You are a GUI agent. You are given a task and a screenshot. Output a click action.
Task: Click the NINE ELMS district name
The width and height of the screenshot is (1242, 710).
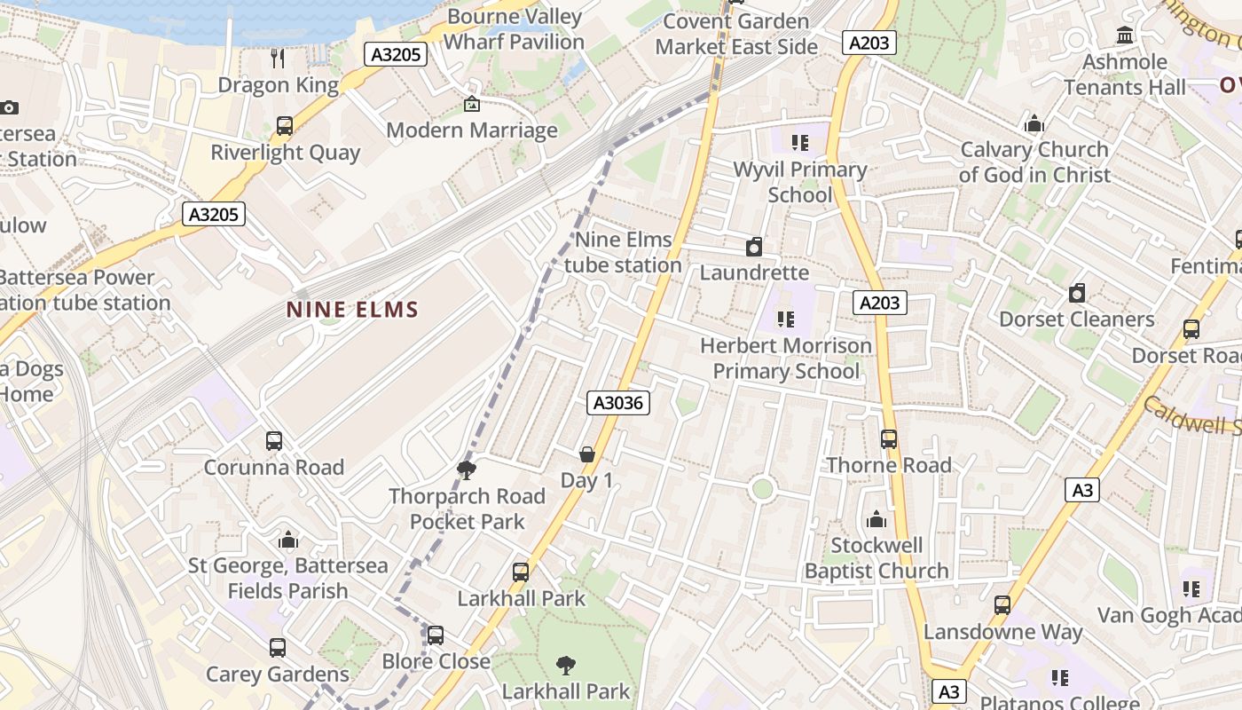(352, 310)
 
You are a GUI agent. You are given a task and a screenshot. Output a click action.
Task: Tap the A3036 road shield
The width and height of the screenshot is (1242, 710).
(619, 403)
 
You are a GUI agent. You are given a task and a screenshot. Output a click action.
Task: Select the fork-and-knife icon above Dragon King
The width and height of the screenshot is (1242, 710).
(279, 59)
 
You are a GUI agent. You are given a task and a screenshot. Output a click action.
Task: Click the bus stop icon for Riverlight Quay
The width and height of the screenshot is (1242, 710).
(285, 126)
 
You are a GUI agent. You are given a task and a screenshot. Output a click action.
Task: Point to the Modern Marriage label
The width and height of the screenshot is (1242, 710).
(472, 130)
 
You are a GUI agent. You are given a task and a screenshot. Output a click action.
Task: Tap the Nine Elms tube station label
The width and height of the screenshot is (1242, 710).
(624, 252)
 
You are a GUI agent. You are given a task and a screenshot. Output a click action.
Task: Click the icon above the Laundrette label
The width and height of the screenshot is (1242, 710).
(754, 247)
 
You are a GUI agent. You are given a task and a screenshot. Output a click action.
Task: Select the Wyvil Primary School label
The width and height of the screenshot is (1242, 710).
(800, 182)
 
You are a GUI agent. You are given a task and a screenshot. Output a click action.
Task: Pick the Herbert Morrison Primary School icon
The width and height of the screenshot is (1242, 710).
(785, 319)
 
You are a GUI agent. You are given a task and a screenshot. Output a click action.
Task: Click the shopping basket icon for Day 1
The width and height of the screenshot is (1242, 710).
(586, 454)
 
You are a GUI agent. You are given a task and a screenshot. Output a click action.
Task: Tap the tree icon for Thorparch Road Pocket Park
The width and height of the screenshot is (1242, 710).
(467, 469)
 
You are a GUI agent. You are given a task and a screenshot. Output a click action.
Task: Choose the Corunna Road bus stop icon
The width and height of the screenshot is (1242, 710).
(274, 441)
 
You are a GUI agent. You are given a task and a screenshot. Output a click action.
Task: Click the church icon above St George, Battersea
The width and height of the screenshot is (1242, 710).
(288, 540)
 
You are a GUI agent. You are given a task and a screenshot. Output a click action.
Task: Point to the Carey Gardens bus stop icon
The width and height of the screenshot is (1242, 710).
(278, 648)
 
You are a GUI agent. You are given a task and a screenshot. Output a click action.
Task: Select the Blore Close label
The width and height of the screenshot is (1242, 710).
(436, 661)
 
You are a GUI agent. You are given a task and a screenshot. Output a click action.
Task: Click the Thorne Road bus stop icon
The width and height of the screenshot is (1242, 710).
(889, 438)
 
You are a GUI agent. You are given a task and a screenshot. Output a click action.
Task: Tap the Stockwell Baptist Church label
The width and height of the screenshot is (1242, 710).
(876, 558)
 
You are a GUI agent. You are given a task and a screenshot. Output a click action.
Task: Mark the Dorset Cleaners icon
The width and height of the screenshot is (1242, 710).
(1077, 293)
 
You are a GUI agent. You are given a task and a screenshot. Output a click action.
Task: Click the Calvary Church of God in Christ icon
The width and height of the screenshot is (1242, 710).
(1034, 124)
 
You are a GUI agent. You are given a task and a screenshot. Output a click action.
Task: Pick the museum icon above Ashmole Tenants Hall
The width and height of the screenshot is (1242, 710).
(1126, 35)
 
